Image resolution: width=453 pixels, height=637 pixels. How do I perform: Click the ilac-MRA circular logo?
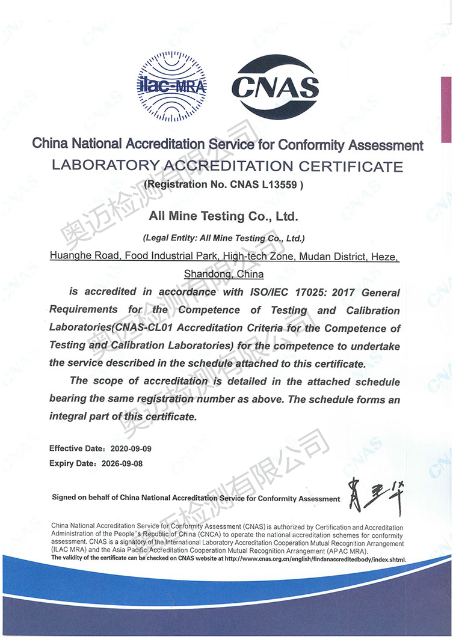[x=172, y=86]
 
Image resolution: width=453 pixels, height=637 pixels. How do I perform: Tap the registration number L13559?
[x=284, y=185]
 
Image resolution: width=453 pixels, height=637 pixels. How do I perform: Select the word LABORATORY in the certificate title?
[x=105, y=165]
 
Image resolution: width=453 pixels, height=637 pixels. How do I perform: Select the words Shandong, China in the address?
[x=224, y=274]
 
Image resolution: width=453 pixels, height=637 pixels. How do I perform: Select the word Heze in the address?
[x=386, y=257]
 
